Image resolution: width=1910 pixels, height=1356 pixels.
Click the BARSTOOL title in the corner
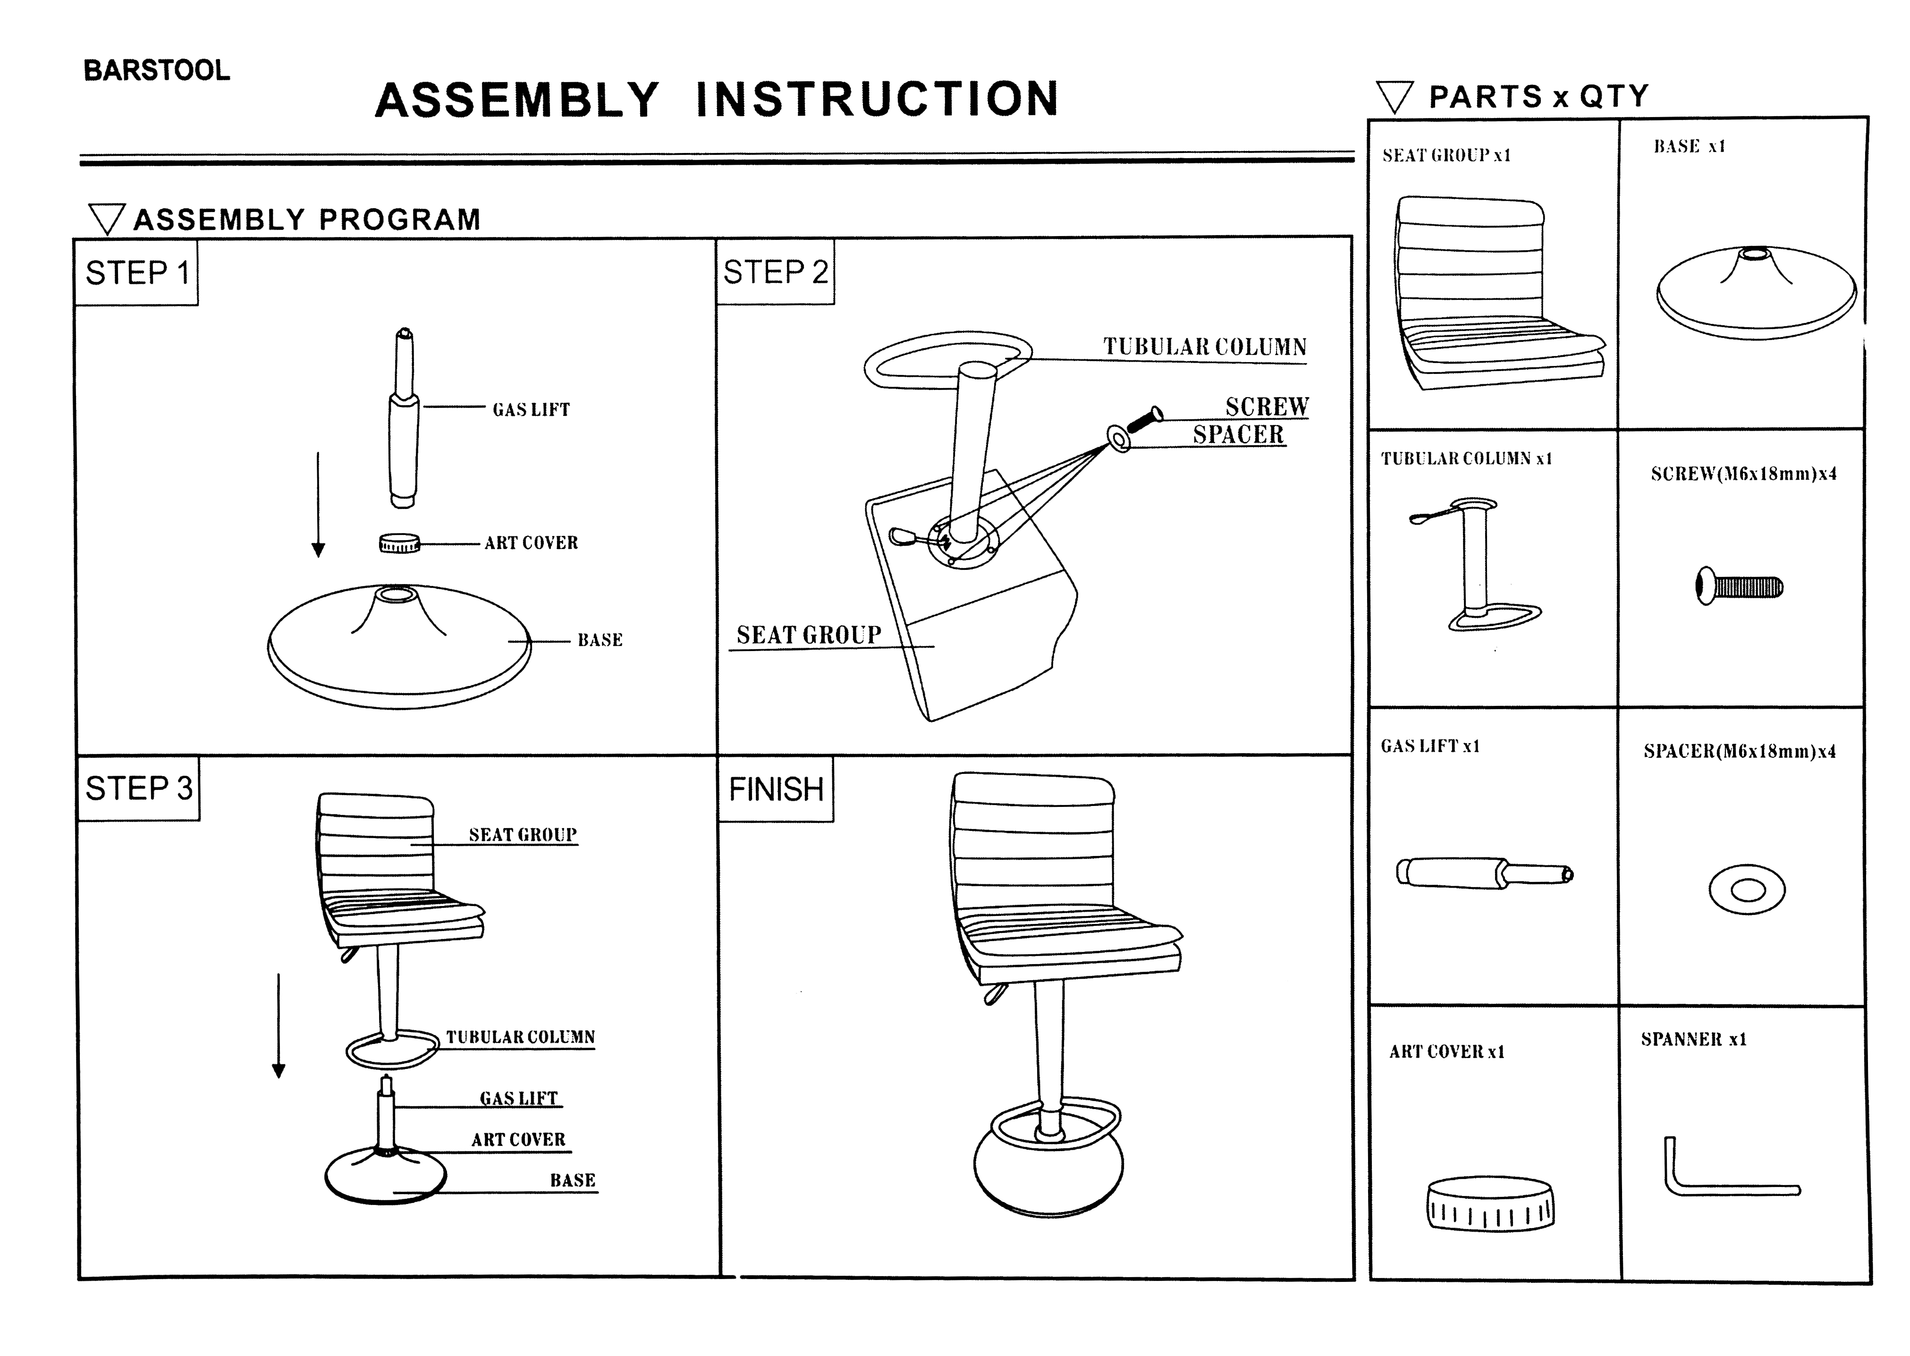[156, 71]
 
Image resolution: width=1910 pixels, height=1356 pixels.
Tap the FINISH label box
[776, 789]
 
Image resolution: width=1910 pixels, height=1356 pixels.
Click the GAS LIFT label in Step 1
[531, 410]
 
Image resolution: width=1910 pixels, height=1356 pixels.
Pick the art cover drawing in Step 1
[399, 543]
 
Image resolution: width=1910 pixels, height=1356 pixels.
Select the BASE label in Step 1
[600, 640]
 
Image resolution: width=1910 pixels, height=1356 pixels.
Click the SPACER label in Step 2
[1238, 435]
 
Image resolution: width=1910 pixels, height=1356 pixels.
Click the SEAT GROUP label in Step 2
[808, 636]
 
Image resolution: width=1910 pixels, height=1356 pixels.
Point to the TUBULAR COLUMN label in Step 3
[520, 1037]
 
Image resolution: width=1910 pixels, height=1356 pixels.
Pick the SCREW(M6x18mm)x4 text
[1743, 474]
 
